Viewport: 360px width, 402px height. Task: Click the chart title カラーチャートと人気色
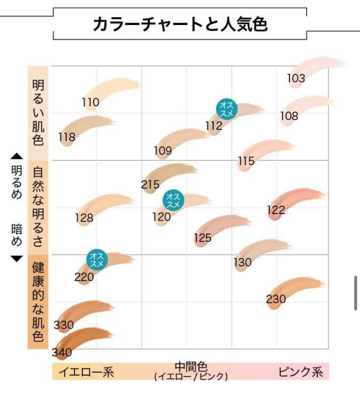tap(180, 25)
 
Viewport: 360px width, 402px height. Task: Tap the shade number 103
tap(296, 78)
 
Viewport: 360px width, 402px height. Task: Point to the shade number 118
tap(67, 137)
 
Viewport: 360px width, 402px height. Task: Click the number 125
tap(202, 238)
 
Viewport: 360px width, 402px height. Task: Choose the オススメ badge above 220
tap(97, 260)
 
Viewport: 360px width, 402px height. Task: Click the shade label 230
tap(276, 299)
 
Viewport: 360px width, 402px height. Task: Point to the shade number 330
tap(64, 325)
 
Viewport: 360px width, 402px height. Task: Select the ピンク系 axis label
tap(301, 372)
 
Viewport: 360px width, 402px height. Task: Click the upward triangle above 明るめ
tap(17, 156)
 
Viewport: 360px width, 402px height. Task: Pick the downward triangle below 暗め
tap(17, 259)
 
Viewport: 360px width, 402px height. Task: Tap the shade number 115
tap(246, 161)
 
